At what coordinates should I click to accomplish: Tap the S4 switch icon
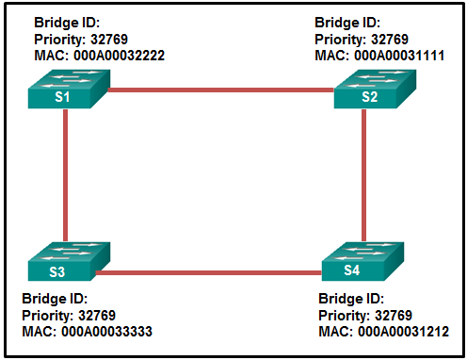[x=363, y=263]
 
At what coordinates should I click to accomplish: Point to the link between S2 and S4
[x=364, y=174]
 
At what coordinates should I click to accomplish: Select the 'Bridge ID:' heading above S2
[x=347, y=22]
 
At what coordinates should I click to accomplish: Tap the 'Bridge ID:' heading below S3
[x=55, y=298]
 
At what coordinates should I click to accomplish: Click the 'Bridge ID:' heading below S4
[x=353, y=298]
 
